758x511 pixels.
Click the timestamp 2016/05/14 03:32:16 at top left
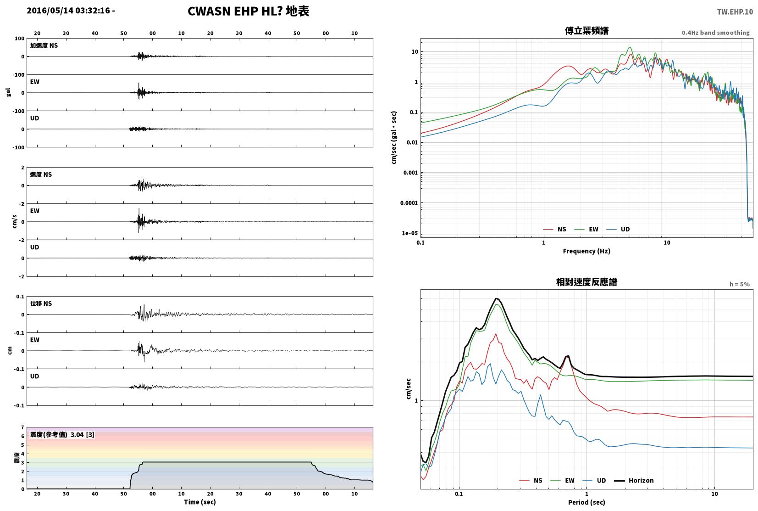[x=68, y=11]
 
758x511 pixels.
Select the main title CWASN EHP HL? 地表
[x=249, y=11]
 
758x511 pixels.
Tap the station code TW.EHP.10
[x=735, y=12]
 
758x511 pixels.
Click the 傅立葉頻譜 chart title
[x=586, y=31]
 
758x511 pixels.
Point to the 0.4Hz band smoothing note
[x=715, y=33]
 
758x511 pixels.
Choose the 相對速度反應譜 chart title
[x=586, y=282]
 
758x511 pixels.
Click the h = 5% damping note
[x=739, y=284]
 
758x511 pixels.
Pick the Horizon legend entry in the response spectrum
[x=634, y=481]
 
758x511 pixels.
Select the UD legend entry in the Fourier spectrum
[x=618, y=229]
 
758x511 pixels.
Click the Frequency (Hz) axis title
[x=586, y=251]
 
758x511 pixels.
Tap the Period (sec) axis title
[x=586, y=502]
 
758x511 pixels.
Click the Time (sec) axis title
[x=200, y=502]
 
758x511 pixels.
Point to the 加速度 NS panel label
[x=44, y=45]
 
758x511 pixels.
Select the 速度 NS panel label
[x=41, y=174]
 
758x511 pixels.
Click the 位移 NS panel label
[x=41, y=303]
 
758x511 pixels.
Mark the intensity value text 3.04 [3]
[x=82, y=434]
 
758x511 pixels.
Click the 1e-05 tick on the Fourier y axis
[x=409, y=233]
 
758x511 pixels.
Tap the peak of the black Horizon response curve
[x=496, y=298]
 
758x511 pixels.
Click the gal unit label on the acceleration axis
[x=8, y=92]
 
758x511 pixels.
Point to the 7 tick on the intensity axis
[x=22, y=427]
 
